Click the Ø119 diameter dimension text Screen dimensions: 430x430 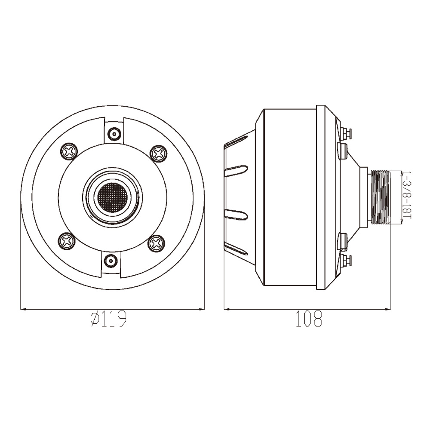[108, 319]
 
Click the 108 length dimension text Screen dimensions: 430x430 [309, 319]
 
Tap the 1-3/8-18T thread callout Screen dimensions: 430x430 [407, 195]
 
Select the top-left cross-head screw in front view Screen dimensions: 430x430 [68, 151]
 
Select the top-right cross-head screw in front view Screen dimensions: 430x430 [159, 154]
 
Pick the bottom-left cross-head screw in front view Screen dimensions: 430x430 [67, 241]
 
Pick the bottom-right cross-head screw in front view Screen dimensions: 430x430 [157, 243]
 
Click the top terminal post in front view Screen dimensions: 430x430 [114, 134]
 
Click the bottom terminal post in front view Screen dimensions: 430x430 [111, 261]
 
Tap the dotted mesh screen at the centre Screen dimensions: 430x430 [112, 197]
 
